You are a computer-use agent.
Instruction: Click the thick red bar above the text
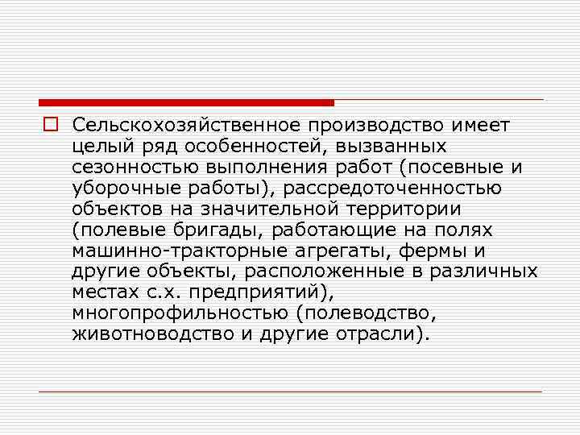[186, 102]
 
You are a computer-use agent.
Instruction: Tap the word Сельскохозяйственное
[184, 126]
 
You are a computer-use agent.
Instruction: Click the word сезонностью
[124, 168]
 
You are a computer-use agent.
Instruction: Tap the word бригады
[199, 230]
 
